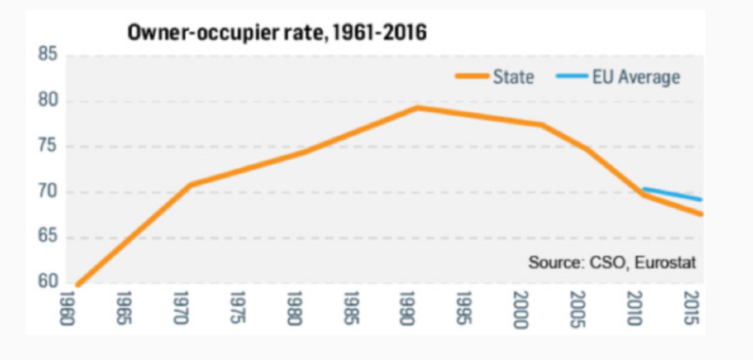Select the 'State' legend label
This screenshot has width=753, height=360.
pos(514,77)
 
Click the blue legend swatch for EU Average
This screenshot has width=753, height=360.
pos(570,77)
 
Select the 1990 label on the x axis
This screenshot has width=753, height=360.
pos(407,308)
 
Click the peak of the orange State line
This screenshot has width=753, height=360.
pos(416,108)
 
